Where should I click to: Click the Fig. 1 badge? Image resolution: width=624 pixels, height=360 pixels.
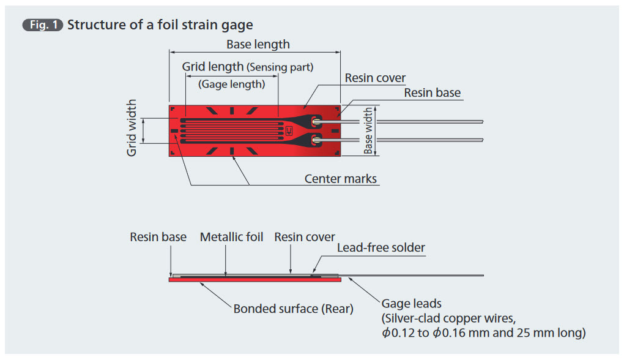43,25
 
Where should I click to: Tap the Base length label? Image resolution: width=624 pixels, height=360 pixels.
258,44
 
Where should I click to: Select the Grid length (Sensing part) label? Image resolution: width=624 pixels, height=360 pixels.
248,67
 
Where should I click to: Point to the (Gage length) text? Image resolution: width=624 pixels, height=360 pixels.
232,84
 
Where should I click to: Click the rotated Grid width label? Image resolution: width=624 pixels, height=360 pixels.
132,128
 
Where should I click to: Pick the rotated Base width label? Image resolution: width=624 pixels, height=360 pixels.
368,130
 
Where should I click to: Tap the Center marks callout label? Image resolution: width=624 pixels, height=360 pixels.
340,179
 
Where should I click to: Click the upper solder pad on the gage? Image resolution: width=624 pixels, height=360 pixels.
316,121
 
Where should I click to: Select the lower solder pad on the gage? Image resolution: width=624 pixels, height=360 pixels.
316,140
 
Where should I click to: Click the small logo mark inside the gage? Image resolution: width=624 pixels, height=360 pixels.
289,130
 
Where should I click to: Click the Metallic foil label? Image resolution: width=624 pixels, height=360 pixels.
231,237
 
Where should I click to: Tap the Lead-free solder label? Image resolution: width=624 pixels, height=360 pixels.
381,248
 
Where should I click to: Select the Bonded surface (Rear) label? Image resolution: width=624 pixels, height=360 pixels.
293,309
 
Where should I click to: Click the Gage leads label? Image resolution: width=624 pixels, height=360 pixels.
412,304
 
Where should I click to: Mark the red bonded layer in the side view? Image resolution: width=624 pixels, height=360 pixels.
254,280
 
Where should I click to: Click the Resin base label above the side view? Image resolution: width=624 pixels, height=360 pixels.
158,237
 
